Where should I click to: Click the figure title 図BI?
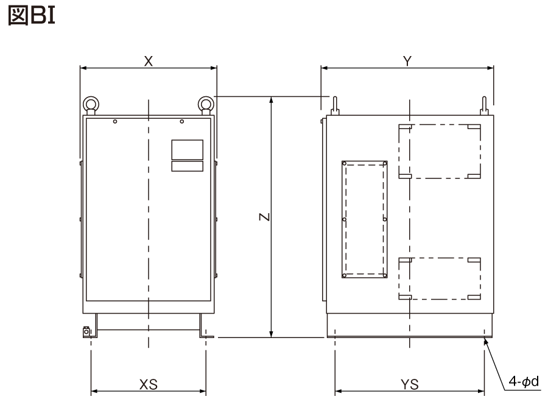[x=32, y=16]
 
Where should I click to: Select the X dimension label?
[x=148, y=62]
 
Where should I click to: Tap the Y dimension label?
[x=407, y=61]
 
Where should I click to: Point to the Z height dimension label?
[x=265, y=217]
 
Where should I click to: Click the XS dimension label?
[x=149, y=384]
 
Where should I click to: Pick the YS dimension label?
[x=410, y=384]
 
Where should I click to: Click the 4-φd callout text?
[x=524, y=381]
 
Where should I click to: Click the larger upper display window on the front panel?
[x=188, y=150]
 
